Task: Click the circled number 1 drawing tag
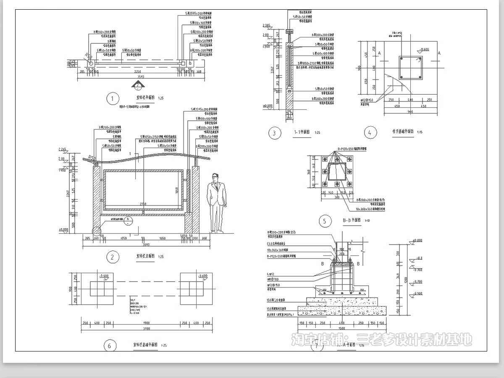pos(112,99)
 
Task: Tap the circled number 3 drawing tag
pos(275,133)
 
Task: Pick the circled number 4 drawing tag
pos(370,133)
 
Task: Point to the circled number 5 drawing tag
pos(325,221)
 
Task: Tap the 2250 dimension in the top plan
pos(137,72)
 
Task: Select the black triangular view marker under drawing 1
pos(137,85)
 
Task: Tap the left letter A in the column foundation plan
pos(379,53)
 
